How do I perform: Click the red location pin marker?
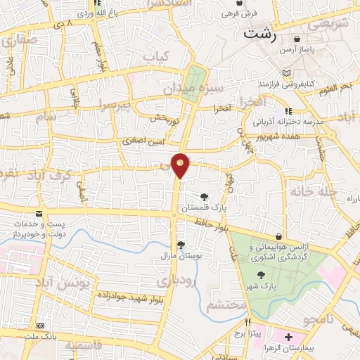click(181, 165)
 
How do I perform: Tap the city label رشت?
click(260, 32)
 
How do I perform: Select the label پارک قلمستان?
click(204, 209)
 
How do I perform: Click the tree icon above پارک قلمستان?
click(204, 197)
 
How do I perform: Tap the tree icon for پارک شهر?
click(262, 275)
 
